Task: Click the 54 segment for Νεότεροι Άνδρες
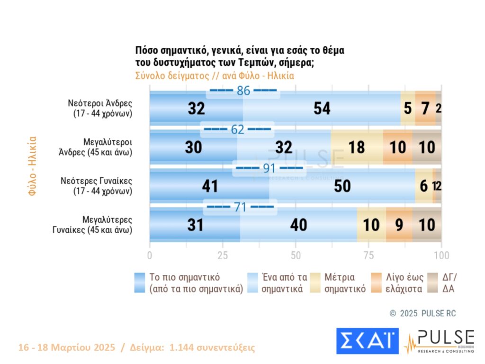[322, 109]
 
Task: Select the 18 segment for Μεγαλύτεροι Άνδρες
[357, 147]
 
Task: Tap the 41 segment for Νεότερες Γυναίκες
[209, 186]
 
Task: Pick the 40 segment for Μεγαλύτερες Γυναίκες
[298, 225]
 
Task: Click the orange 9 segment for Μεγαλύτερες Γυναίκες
[399, 225]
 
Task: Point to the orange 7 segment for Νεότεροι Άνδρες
[425, 109]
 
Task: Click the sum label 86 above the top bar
[243, 91]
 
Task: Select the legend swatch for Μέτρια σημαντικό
[317, 282]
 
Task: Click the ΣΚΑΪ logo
[368, 341]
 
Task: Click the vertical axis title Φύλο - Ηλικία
[32, 166]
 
